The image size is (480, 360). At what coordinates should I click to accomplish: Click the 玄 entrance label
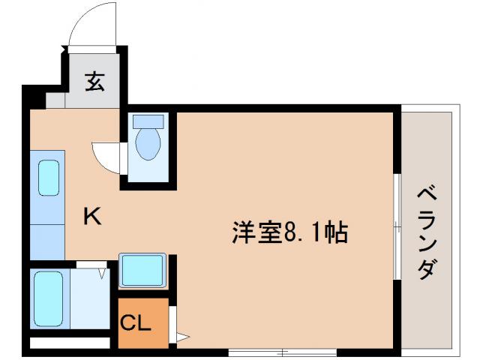(x=94, y=82)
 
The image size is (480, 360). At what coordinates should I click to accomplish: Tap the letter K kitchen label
(x=92, y=217)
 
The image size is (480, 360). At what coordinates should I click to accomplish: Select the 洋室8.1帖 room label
(x=289, y=233)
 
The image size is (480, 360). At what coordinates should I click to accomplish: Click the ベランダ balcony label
(x=427, y=232)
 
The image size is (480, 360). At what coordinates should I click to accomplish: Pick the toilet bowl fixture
(x=148, y=143)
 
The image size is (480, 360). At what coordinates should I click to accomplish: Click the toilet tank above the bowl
(x=148, y=120)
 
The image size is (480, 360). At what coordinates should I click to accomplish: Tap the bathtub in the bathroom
(x=48, y=296)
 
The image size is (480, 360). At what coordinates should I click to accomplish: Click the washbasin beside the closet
(x=142, y=269)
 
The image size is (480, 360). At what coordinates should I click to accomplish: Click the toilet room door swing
(x=105, y=155)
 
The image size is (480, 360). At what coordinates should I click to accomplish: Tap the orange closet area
(x=142, y=322)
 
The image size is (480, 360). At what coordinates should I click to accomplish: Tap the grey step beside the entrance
(x=55, y=99)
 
